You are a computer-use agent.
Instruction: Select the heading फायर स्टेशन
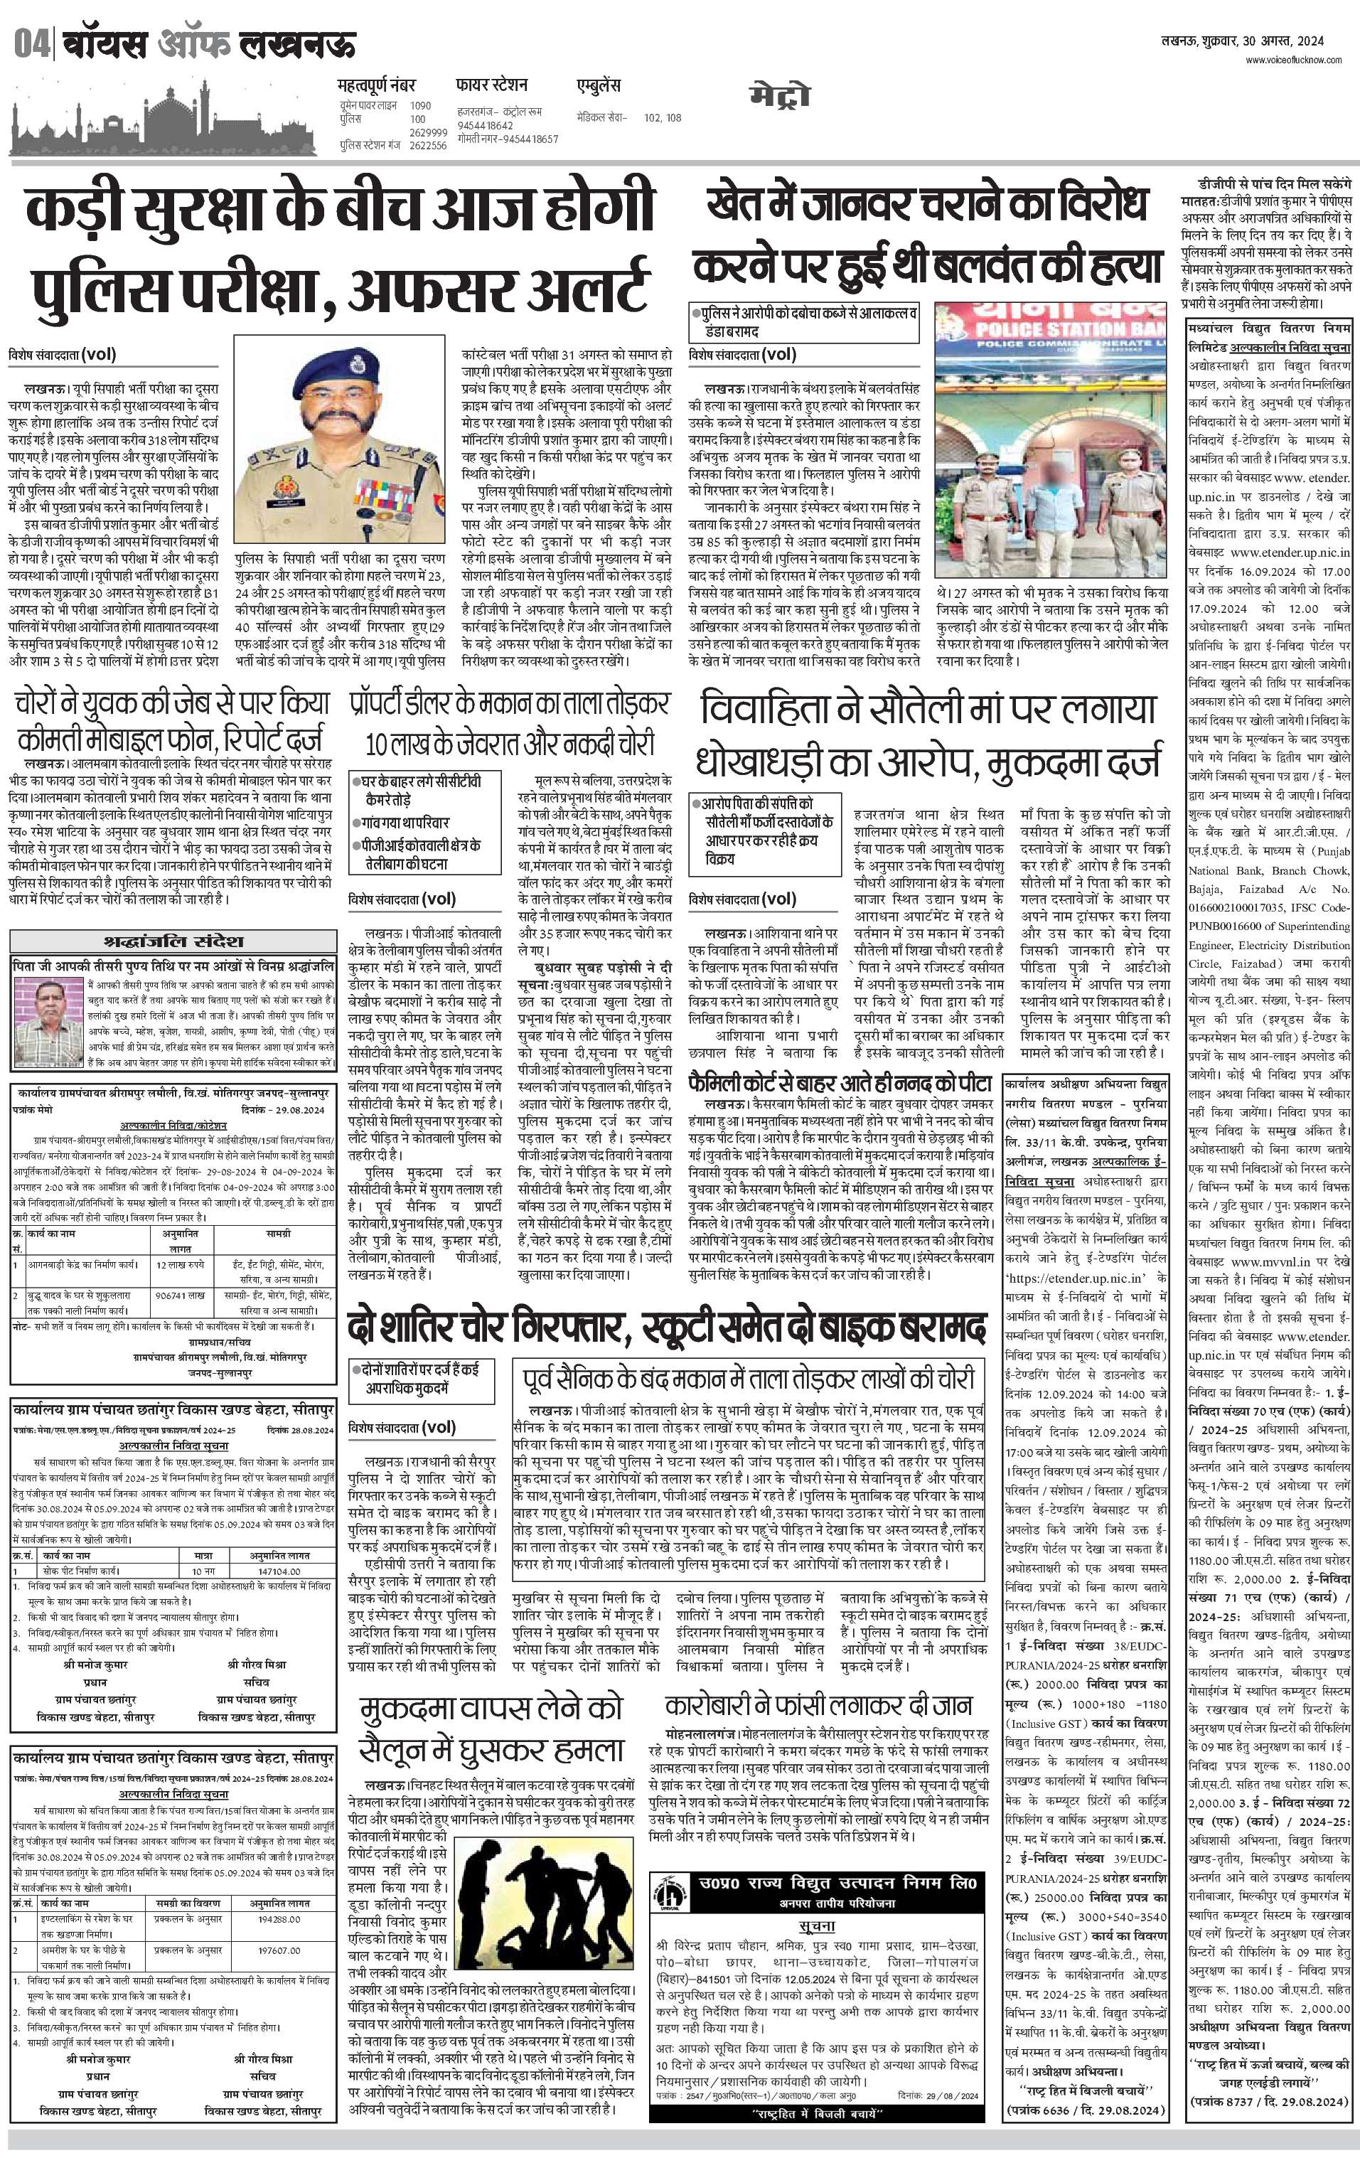tap(491, 86)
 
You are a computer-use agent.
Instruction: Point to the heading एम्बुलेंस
tap(599, 87)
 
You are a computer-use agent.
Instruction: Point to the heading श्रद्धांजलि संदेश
tap(173, 941)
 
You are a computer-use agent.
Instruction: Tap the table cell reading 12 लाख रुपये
tap(179, 1264)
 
